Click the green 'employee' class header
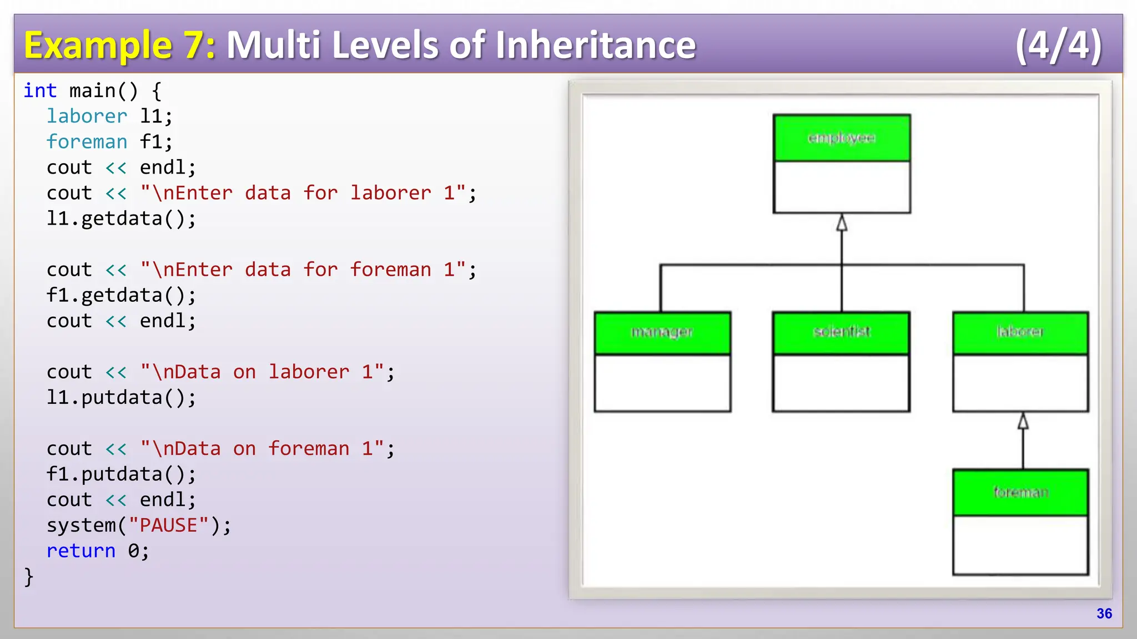coord(842,138)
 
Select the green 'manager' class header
coord(662,333)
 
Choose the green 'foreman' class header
coord(1020,493)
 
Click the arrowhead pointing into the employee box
coord(842,223)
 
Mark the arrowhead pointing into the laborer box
coord(1023,422)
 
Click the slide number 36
coord(1104,613)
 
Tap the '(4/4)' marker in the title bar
coord(1058,45)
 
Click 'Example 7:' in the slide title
coord(119,45)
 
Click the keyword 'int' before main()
coord(40,90)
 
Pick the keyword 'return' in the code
coord(81,551)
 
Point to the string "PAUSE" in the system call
coord(168,525)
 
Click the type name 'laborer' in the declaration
coord(87,116)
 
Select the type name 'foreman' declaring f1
coord(87,141)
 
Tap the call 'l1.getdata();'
coord(121,219)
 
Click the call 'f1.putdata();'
coord(121,474)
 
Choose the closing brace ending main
coord(29,577)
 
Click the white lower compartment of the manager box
coord(662,383)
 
